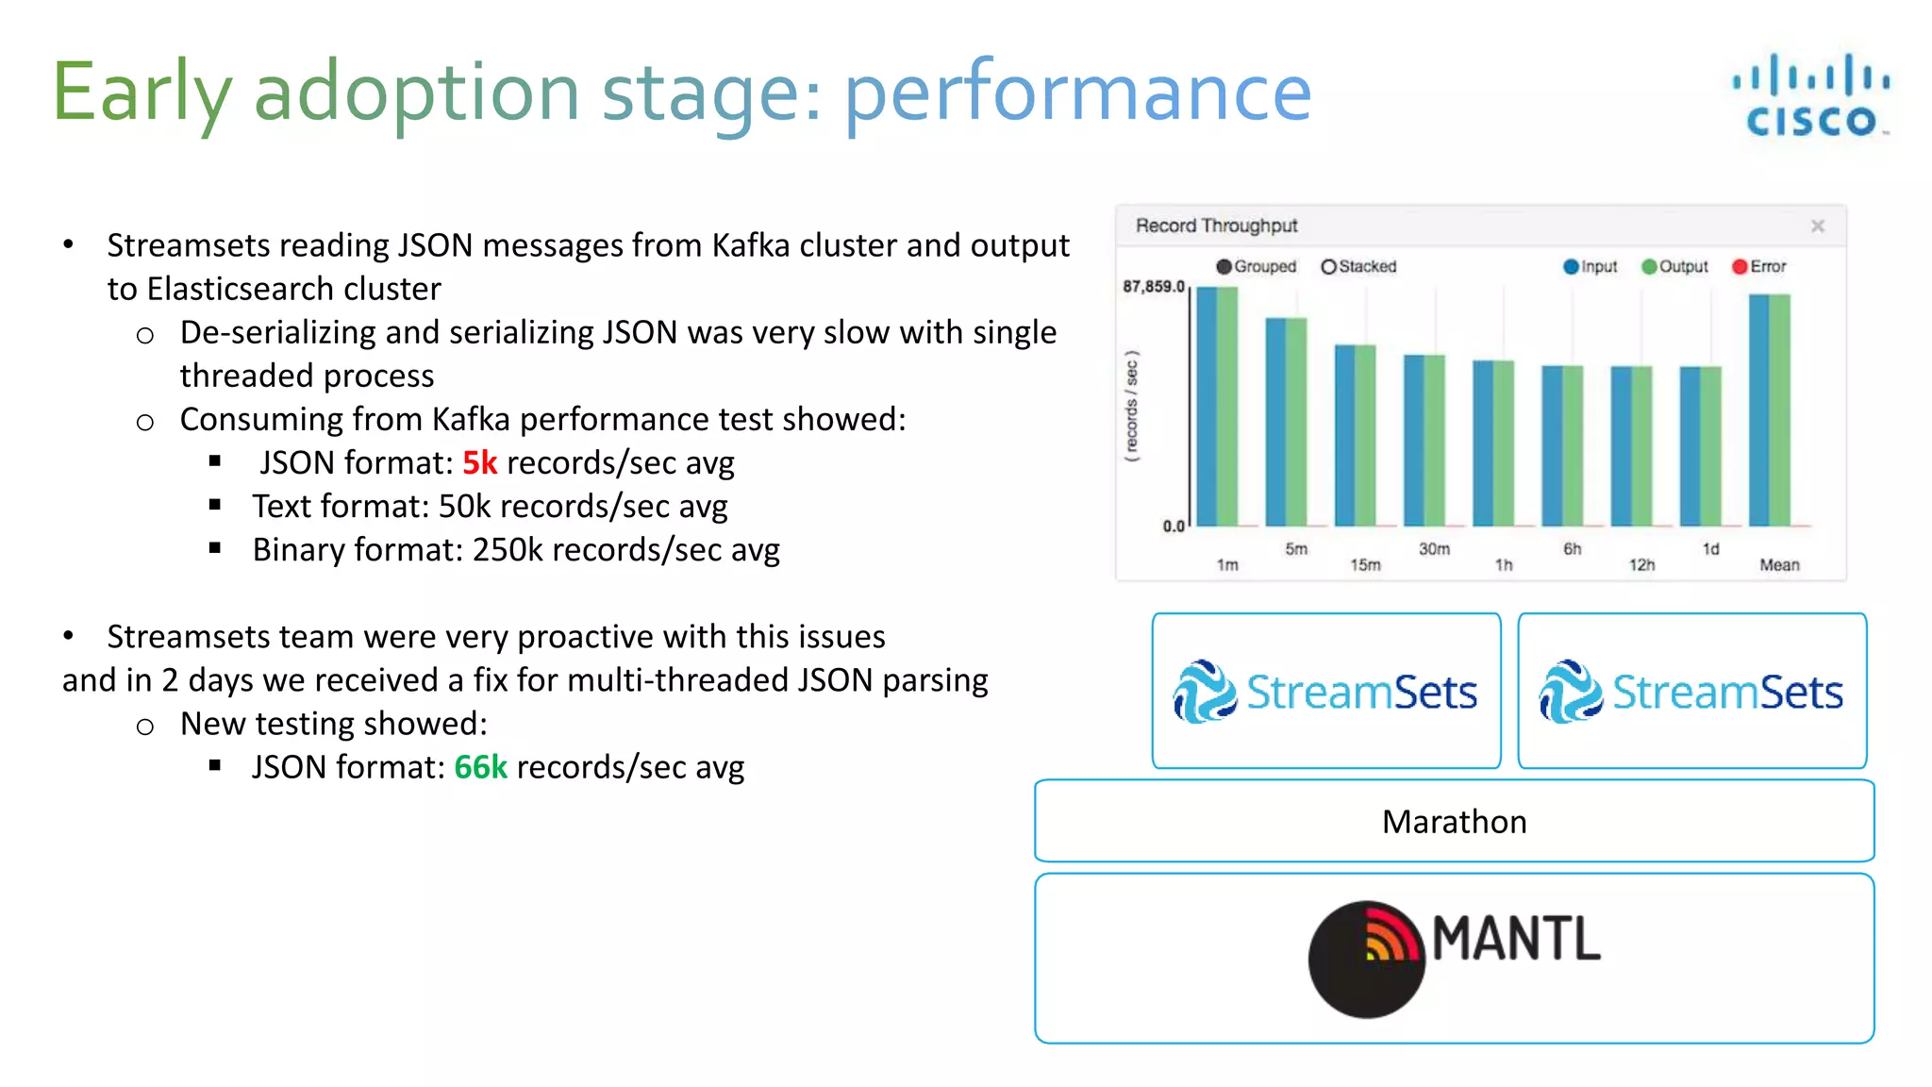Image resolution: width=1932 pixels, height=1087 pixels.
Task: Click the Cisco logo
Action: [1810, 95]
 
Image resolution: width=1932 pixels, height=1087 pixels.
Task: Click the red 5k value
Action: [479, 462]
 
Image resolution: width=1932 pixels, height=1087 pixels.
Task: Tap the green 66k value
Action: [480, 767]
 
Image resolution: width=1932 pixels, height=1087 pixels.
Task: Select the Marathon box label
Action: [1454, 822]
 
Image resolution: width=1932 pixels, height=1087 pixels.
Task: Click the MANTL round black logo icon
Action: [1366, 959]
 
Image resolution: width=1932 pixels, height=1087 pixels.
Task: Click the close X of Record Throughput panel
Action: [1817, 226]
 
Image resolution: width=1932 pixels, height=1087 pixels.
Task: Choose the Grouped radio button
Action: [1224, 267]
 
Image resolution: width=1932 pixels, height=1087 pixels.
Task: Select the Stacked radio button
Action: [1328, 267]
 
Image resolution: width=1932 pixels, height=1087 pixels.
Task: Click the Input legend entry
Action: [1591, 267]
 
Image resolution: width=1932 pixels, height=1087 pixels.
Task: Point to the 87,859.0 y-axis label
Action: [1153, 286]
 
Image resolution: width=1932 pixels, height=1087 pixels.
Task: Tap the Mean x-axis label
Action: [1779, 564]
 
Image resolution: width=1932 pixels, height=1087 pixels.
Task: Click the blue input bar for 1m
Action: [1207, 406]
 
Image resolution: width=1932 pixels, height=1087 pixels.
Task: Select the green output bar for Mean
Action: [1780, 410]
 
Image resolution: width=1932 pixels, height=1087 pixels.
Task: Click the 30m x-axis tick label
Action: [1434, 548]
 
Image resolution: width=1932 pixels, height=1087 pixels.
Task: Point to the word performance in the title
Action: [1076, 92]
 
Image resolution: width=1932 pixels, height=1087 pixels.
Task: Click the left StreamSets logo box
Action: [1325, 691]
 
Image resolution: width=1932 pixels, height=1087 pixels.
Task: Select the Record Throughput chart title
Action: [1216, 226]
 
